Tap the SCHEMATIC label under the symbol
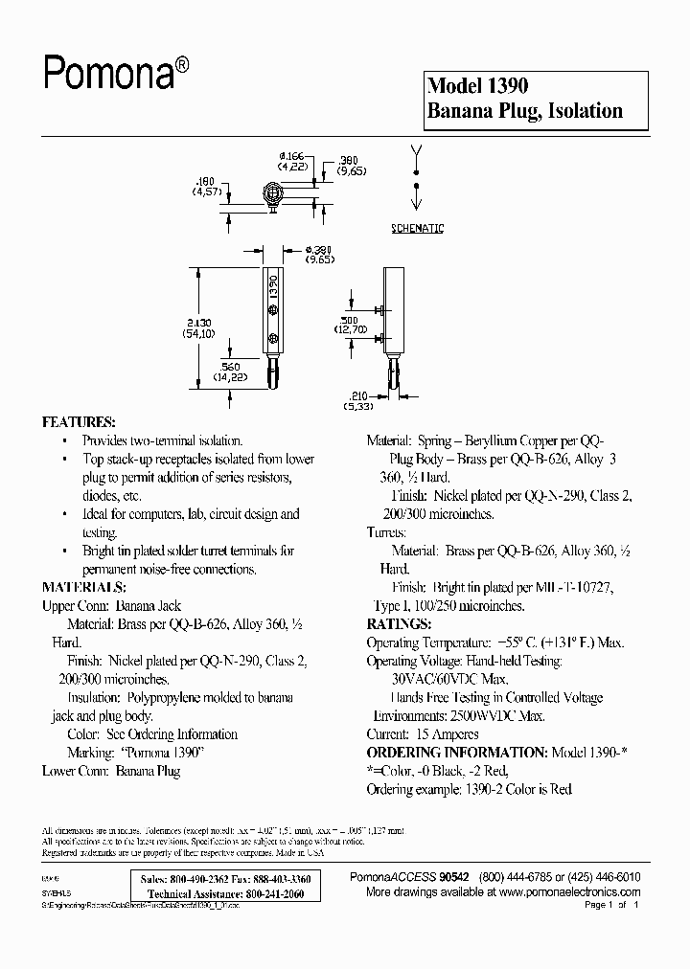[x=417, y=229]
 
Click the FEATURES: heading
[x=79, y=422]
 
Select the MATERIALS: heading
[x=83, y=587]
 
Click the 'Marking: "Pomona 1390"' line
[x=136, y=753]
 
